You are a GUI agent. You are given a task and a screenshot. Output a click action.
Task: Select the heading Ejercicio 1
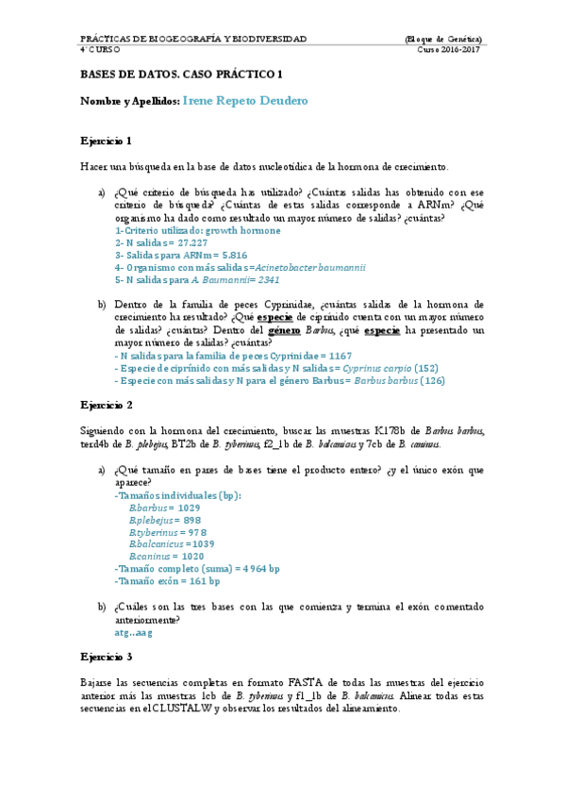[106, 141]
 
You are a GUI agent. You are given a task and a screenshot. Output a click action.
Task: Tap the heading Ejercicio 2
[106, 405]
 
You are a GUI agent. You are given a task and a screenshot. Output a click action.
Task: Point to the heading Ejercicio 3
[106, 656]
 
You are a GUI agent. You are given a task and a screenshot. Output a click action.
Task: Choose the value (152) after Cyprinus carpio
[426, 368]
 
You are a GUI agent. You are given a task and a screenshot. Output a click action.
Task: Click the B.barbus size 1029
[189, 508]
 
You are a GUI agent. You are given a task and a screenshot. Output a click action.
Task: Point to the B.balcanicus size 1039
[201, 544]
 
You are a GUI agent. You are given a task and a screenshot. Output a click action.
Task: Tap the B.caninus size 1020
[192, 557]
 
